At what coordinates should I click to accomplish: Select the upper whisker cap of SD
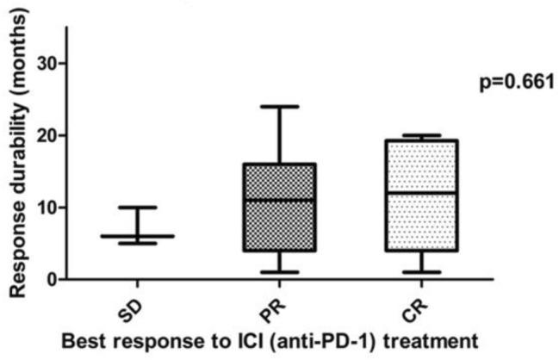tap(137, 207)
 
